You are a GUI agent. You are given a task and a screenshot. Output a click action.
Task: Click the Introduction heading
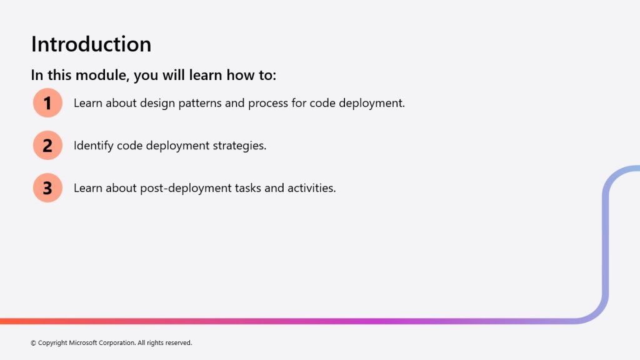(x=91, y=44)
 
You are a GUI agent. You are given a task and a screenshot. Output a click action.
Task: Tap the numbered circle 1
(x=47, y=103)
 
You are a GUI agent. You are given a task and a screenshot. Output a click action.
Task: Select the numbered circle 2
(x=47, y=145)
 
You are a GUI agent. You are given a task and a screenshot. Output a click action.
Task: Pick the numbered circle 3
(x=47, y=187)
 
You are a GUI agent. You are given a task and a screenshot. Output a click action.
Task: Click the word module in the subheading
(x=102, y=75)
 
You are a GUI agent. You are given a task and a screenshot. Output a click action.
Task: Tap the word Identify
(x=94, y=146)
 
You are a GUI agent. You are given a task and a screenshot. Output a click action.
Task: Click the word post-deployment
(x=186, y=189)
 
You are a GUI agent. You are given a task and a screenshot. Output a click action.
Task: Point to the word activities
(x=312, y=188)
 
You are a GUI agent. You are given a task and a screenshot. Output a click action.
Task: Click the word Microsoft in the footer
(x=83, y=343)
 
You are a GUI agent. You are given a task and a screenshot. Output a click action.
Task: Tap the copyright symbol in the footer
(x=34, y=343)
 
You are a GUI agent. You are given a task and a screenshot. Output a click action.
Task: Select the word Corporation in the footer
(x=117, y=343)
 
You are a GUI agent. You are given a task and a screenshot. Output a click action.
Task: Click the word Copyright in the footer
(x=52, y=343)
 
